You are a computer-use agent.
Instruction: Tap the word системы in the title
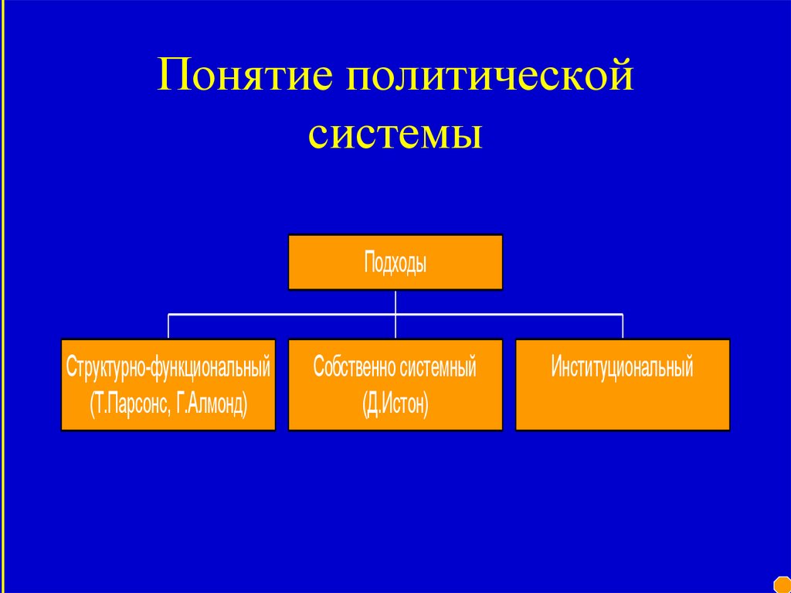(x=395, y=133)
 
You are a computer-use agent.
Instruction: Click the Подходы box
(x=395, y=263)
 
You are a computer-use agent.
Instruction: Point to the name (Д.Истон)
(x=395, y=404)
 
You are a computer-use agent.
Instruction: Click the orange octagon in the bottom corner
(x=783, y=584)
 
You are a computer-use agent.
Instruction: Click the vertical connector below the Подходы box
(x=395, y=302)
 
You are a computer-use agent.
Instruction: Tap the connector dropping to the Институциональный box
(x=623, y=326)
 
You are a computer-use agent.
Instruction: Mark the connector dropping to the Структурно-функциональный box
(x=168, y=326)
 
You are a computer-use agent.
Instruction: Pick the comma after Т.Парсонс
(x=171, y=410)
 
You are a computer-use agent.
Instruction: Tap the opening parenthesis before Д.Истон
(x=364, y=404)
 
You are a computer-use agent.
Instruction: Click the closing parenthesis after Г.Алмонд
(x=245, y=404)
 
